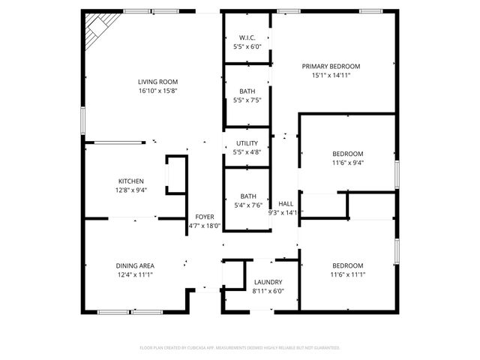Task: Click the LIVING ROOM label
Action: point(157,82)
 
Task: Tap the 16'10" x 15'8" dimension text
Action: point(157,91)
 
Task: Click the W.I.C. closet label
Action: point(247,37)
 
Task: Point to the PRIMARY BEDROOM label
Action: point(331,66)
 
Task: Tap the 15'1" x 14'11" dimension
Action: point(331,75)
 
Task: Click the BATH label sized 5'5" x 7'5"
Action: point(247,91)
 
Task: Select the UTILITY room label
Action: point(247,143)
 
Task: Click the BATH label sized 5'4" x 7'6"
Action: point(247,196)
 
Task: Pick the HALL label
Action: point(286,203)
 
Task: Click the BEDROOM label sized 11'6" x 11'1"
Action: point(347,265)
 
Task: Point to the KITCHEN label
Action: point(131,181)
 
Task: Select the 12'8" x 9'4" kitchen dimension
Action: point(131,190)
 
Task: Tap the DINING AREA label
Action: point(135,265)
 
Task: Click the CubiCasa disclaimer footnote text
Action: point(240,347)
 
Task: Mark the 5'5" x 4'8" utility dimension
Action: point(247,152)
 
